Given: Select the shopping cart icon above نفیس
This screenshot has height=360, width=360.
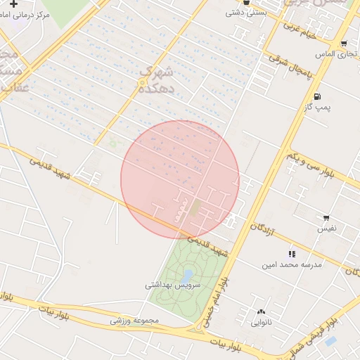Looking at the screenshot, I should point(326,219).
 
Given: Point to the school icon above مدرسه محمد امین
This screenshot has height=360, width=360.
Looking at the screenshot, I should point(291,254).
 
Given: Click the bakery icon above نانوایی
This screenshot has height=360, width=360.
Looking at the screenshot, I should point(262,312).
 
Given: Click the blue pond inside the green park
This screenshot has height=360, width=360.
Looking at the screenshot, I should point(187,275).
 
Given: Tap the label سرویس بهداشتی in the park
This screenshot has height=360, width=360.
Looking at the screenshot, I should point(173,285).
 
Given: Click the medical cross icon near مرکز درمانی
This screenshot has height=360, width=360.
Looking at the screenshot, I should point(13,4).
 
